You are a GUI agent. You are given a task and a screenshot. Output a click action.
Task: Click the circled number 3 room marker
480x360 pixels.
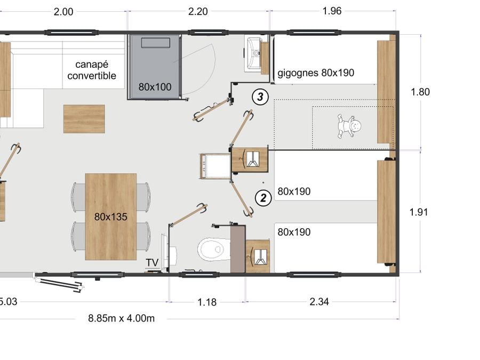(x=260, y=97)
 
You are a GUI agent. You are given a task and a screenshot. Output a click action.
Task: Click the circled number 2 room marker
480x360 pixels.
(x=263, y=198)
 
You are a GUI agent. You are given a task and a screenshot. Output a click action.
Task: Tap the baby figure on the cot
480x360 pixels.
(x=349, y=126)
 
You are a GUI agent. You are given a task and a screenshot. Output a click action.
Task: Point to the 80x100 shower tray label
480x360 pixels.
(x=155, y=87)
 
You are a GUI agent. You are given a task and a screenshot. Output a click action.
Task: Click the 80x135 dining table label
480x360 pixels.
(x=110, y=217)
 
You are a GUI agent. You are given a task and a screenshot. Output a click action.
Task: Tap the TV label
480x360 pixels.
(x=152, y=262)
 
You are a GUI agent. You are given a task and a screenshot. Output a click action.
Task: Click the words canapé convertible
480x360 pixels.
(x=92, y=70)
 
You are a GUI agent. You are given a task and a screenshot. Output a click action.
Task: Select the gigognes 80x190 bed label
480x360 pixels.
(x=316, y=73)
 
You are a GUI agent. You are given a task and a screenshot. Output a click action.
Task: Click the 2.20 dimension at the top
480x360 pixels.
(x=198, y=11)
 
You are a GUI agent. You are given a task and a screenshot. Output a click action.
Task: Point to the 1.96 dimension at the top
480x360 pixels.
(x=332, y=11)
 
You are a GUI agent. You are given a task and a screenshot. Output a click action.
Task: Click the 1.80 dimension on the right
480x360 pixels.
(x=420, y=92)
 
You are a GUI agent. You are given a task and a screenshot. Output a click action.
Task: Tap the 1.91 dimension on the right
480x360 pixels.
(x=419, y=212)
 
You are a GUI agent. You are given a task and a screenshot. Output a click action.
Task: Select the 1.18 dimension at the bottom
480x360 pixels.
(x=207, y=302)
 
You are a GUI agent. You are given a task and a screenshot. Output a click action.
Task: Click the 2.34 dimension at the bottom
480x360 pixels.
(x=319, y=302)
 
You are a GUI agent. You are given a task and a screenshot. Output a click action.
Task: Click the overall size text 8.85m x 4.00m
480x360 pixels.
(x=121, y=318)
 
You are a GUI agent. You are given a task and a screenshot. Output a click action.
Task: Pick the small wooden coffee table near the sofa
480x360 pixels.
(x=84, y=119)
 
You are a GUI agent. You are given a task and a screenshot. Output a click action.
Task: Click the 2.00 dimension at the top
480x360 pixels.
(x=63, y=12)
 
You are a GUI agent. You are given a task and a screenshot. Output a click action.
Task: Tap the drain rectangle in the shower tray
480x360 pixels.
(x=156, y=43)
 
